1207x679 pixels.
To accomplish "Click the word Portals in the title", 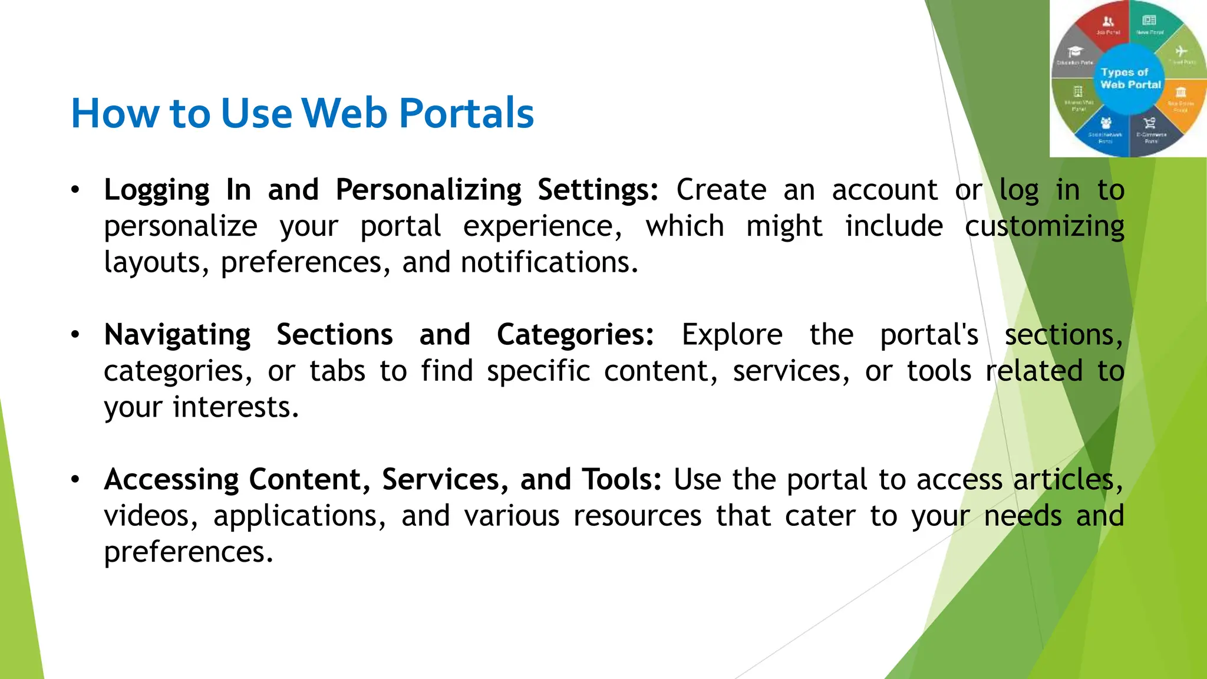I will click(466, 113).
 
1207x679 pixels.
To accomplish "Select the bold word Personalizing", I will click(428, 190).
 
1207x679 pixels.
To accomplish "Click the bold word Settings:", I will click(598, 190).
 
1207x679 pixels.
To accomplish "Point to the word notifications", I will click(549, 263).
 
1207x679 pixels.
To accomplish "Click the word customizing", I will click(1044, 227).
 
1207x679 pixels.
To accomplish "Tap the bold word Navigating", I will click(177, 335).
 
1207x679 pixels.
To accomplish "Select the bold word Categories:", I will click(575, 335).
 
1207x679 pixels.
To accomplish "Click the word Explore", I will click(732, 335).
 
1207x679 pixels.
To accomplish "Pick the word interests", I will click(236, 408).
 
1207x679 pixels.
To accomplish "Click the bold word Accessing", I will click(172, 480).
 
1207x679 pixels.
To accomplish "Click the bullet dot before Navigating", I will click(75, 335).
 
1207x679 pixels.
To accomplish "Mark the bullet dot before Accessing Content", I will click(75, 480).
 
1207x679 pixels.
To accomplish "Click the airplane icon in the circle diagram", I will click(1180, 51).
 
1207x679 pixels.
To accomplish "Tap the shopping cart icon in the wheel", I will click(1149, 123).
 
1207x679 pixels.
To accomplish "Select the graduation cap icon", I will click(1076, 52).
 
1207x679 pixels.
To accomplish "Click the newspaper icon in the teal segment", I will click(1149, 21).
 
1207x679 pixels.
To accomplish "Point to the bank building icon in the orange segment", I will click(1180, 93).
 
